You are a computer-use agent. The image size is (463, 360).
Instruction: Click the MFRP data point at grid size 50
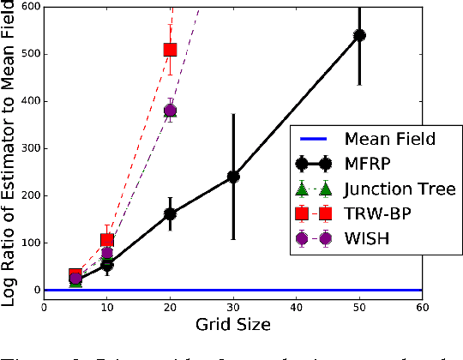(x=359, y=35)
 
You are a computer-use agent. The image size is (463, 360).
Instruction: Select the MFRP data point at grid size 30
(x=232, y=177)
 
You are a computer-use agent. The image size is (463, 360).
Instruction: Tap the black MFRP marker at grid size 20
(x=170, y=213)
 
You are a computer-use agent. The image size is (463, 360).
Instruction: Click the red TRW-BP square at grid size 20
(x=170, y=51)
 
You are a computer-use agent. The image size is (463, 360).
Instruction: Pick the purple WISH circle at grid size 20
(x=170, y=111)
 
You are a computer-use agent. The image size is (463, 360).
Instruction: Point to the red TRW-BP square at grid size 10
(x=107, y=241)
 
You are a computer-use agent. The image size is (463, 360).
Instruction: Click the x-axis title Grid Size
(x=232, y=325)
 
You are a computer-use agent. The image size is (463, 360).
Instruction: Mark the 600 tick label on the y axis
(x=27, y=7)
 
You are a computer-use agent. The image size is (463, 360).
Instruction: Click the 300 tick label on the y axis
(x=27, y=148)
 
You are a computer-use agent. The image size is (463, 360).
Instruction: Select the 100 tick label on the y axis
(x=27, y=243)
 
